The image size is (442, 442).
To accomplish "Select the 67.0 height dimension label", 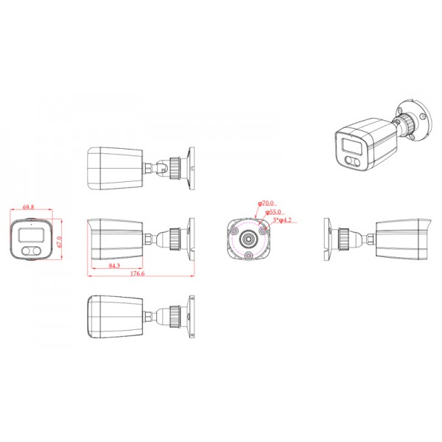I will point(59,242).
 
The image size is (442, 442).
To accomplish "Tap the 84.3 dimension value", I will point(114,265).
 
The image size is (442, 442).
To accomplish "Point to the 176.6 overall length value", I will point(137,274).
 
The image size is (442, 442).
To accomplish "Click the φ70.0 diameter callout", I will point(266,203).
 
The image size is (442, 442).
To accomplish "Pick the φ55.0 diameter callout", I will point(272,211).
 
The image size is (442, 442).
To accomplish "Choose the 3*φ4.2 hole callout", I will point(283,220).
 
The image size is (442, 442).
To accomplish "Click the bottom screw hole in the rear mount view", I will point(248,254).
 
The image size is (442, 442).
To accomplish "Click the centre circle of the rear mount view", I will point(248,239).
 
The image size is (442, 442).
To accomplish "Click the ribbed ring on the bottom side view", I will point(175,315).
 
